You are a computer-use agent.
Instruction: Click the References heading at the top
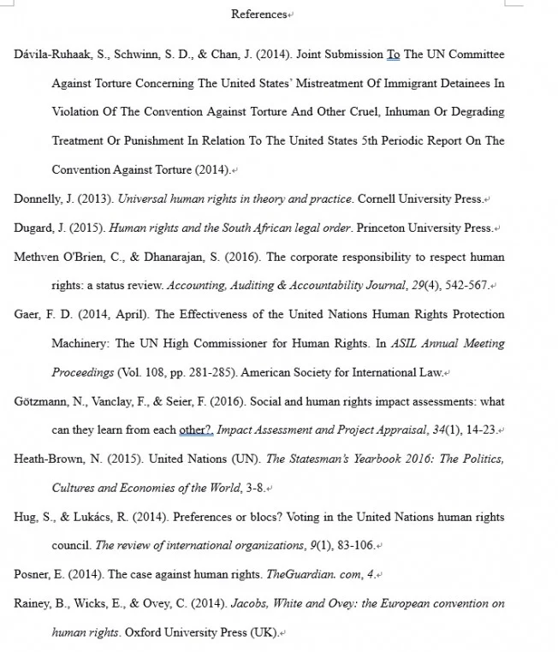pos(259,14)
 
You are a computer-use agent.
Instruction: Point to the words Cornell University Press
pos(419,199)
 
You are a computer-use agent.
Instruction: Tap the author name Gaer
pos(26,315)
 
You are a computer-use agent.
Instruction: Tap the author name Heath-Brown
pos(49,459)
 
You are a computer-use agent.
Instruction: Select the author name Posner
pos(31,575)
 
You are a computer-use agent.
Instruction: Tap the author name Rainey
pos(33,604)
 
